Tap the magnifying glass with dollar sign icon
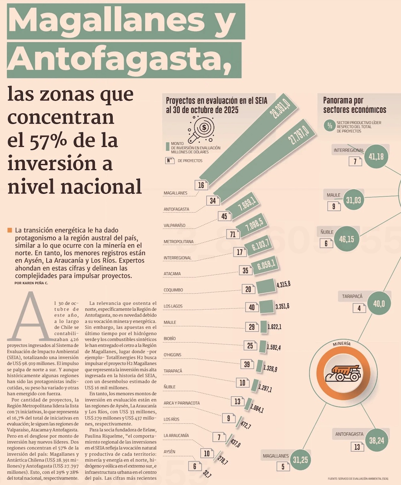coord(202,128)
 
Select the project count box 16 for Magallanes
coord(201,185)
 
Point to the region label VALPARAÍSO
coord(174,225)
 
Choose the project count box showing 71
coord(233,234)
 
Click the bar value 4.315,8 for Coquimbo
coord(283,284)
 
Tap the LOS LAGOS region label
coord(173,306)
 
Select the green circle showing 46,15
coord(346,239)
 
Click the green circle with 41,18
coord(376,156)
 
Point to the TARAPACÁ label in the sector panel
coord(352,296)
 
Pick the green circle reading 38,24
coord(377,440)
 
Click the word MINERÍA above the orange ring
coord(341,344)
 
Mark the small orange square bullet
coord(10,230)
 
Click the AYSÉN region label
coord(169,452)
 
